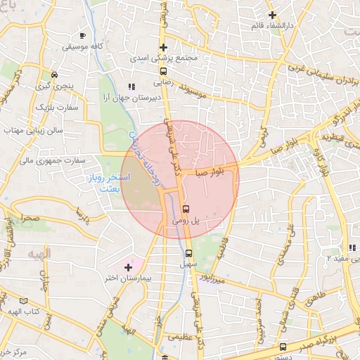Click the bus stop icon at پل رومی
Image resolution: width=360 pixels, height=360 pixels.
click(x=186, y=209)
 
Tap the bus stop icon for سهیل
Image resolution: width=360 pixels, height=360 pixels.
click(x=188, y=254)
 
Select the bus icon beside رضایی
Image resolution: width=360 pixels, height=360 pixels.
click(x=163, y=71)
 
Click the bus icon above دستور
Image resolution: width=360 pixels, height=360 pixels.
click(x=283, y=347)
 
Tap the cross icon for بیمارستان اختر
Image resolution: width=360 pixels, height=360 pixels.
click(x=128, y=267)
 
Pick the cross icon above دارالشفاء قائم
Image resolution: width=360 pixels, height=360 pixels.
click(x=272, y=15)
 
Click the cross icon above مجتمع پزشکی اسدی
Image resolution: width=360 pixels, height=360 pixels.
click(x=163, y=47)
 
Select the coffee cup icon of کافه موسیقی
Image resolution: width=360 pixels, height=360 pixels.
click(x=83, y=35)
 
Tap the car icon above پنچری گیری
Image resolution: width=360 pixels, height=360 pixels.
click(x=54, y=75)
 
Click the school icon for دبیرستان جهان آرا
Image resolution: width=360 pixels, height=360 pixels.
click(x=130, y=86)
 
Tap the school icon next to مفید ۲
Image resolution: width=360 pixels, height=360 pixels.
click(x=352, y=247)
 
